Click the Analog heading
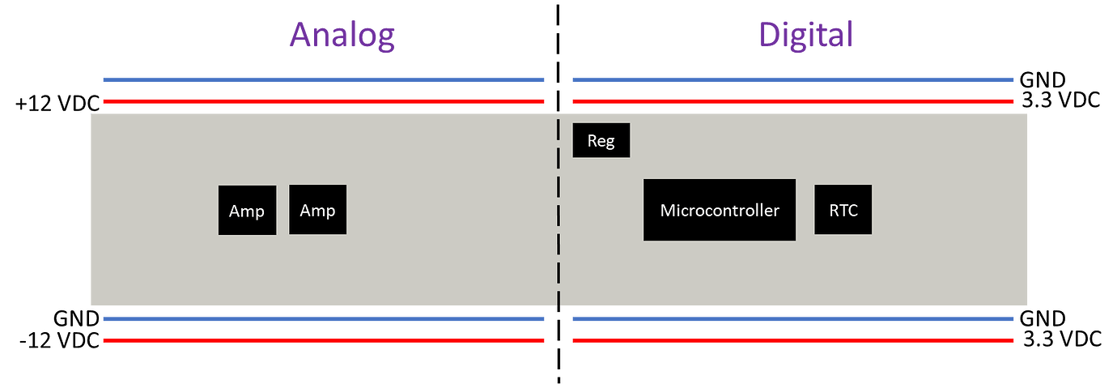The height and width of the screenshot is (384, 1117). pyautogui.click(x=342, y=36)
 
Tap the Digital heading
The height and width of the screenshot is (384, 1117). pyautogui.click(x=806, y=36)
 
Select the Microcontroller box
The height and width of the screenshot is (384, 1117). pyautogui.click(x=719, y=211)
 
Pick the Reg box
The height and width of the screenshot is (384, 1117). pyautogui.click(x=601, y=141)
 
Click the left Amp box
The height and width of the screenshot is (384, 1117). pyautogui.click(x=247, y=211)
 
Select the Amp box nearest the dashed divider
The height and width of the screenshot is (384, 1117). pyautogui.click(x=317, y=211)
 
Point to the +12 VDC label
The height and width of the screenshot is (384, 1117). pyautogui.click(x=56, y=105)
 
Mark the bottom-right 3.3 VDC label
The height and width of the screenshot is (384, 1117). pyautogui.click(x=1061, y=338)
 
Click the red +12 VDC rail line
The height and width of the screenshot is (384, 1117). pyautogui.click(x=324, y=100)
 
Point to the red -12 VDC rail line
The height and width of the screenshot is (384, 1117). pyautogui.click(x=324, y=341)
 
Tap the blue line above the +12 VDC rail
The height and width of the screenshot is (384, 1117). pyautogui.click(x=324, y=79)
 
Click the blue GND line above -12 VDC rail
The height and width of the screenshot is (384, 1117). pyautogui.click(x=324, y=321)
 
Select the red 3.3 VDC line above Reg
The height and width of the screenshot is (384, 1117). pyautogui.click(x=793, y=100)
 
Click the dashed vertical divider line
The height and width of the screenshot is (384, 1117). pyautogui.click(x=558, y=211)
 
